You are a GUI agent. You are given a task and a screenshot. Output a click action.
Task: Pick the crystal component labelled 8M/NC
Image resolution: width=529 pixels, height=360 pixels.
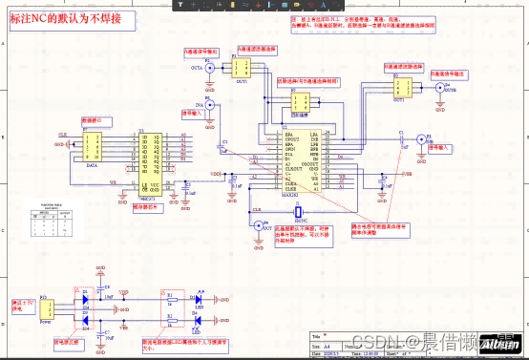point(299,211)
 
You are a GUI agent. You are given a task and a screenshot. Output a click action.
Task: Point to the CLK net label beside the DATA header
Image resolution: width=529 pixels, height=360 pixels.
point(63,136)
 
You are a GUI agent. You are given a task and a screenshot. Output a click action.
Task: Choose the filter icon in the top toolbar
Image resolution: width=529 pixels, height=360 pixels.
point(179,4)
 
